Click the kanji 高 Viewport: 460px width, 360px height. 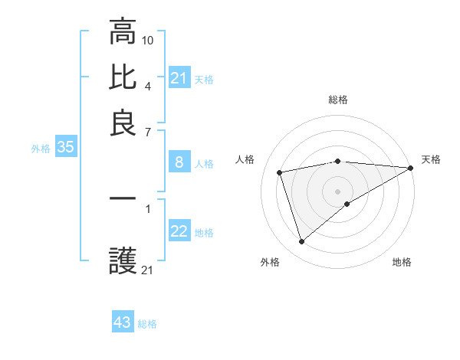[x=123, y=31]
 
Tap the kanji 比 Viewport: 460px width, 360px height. [x=123, y=77]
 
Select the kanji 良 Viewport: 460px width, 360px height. [x=123, y=123]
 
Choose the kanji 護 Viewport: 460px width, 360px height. [x=123, y=261]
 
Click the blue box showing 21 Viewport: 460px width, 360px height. [x=179, y=78]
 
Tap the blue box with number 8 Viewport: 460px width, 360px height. [x=179, y=162]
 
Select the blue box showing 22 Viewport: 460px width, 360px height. [x=179, y=232]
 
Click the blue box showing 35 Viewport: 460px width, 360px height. [x=65, y=148]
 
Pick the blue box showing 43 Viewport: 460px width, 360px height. [x=123, y=322]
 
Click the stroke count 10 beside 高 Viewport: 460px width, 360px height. [x=149, y=40]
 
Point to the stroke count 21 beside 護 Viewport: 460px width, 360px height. [x=148, y=270]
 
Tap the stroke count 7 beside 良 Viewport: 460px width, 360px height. [x=147, y=132]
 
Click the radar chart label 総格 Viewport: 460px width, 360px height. [x=338, y=100]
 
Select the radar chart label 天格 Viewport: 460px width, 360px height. [x=431, y=159]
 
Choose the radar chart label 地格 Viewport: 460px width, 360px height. [x=402, y=263]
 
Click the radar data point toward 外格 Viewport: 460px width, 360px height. [x=301, y=242]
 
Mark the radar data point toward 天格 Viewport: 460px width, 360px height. [x=411, y=168]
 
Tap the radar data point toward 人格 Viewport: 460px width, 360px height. [x=280, y=172]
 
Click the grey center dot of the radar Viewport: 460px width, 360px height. [x=338, y=191]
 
